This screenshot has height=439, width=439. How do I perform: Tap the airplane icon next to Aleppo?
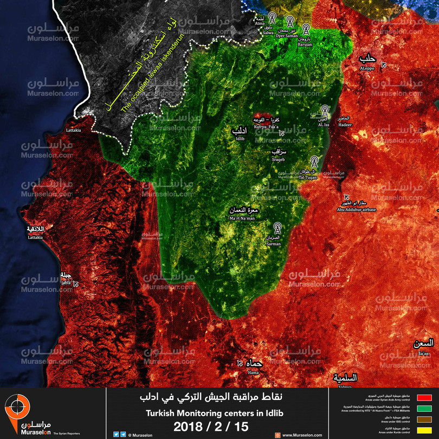point(384,64)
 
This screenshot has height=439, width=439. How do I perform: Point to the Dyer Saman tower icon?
point(288,23)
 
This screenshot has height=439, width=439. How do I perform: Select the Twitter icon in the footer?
point(116,434)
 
